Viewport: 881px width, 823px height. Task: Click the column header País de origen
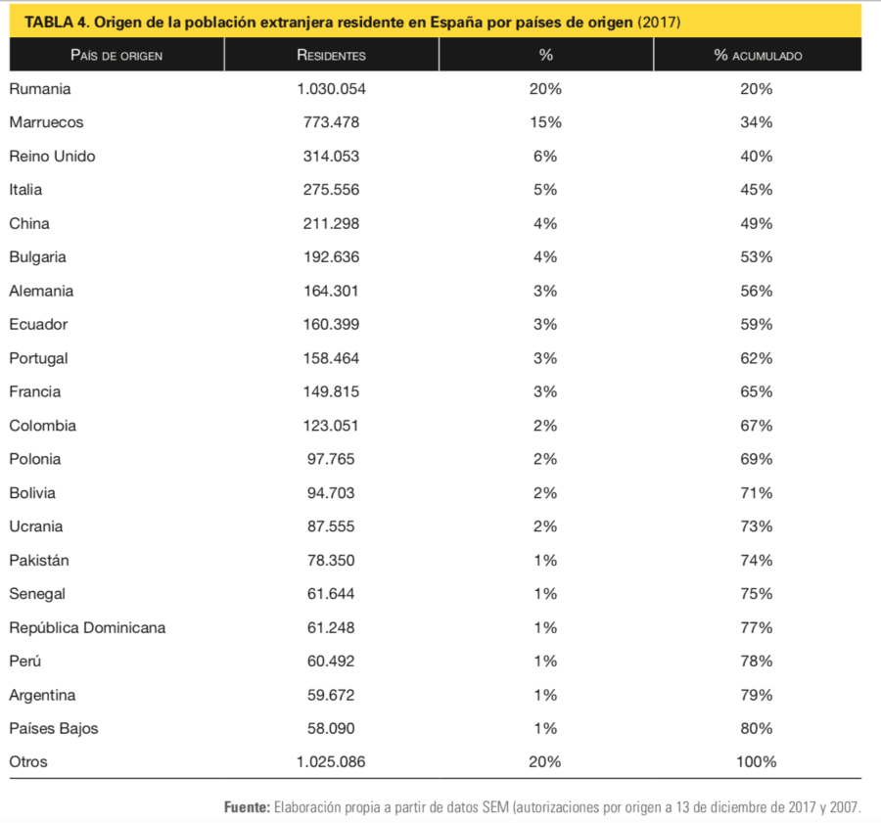(x=116, y=55)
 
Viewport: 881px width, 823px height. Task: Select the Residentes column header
(x=331, y=55)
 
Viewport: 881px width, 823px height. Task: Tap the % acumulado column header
(x=758, y=55)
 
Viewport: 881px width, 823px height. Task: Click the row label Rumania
(x=40, y=89)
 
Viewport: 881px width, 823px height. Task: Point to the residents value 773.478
(x=331, y=122)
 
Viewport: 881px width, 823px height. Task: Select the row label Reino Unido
(x=52, y=156)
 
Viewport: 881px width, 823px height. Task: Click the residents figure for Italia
(x=331, y=189)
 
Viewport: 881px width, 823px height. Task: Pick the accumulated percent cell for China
(x=757, y=223)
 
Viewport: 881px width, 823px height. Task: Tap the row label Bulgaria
(x=37, y=256)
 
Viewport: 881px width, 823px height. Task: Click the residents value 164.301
(x=331, y=291)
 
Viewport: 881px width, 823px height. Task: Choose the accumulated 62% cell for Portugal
(x=757, y=358)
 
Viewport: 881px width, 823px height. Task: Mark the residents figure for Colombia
(x=331, y=426)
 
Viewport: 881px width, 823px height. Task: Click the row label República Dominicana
(x=87, y=627)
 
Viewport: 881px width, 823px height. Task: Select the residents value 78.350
(x=331, y=560)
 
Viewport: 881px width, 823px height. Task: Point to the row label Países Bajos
(x=54, y=728)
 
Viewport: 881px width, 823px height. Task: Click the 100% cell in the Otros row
(x=757, y=761)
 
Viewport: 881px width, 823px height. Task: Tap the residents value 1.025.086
(x=331, y=761)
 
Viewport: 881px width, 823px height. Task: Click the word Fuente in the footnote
(x=248, y=807)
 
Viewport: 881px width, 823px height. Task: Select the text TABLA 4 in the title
(x=57, y=22)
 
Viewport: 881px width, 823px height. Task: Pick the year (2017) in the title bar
(x=659, y=22)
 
